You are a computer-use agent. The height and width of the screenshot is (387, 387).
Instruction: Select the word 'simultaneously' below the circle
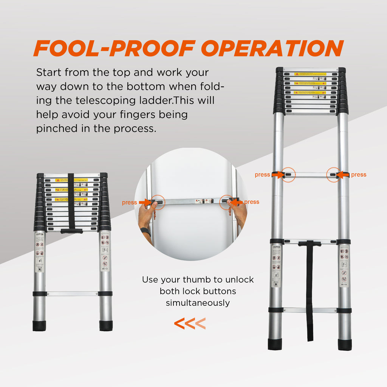click(198, 303)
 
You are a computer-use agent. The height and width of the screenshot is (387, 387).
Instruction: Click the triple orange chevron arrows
click(190, 324)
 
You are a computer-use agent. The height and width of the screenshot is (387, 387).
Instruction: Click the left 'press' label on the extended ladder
click(262, 175)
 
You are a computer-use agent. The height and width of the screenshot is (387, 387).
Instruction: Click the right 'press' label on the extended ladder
click(359, 175)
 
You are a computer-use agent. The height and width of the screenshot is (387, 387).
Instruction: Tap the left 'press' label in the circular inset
click(129, 203)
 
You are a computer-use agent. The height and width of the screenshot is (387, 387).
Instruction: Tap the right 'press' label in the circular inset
click(252, 202)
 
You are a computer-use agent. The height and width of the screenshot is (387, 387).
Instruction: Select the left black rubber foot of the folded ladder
click(39, 326)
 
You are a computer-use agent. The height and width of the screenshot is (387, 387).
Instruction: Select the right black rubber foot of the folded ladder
click(106, 326)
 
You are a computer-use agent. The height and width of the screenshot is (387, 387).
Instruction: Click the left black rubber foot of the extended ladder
click(275, 344)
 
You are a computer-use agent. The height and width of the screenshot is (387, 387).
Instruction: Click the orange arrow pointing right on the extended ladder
click(278, 175)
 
